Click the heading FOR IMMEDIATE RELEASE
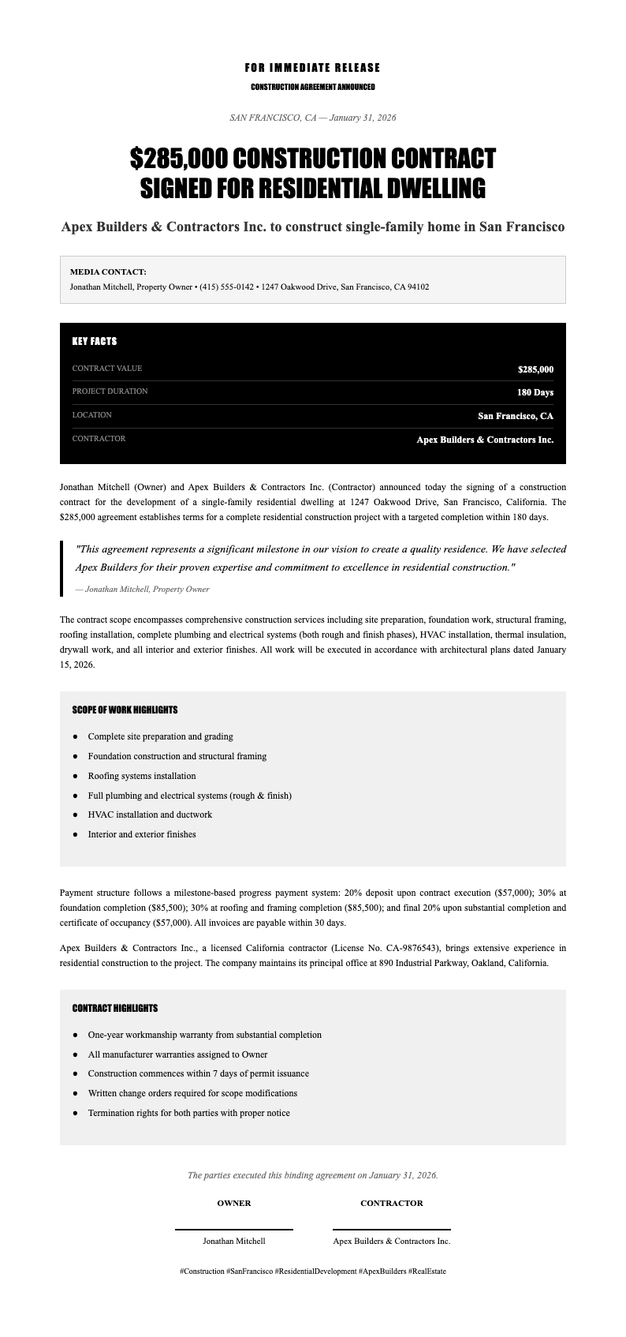pos(312,68)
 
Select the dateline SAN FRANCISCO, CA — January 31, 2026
pos(312,118)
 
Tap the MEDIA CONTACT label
pos(108,272)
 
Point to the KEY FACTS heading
pos(95,341)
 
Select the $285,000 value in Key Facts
pos(535,369)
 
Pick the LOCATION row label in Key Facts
pos(92,415)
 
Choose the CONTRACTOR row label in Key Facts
pos(99,439)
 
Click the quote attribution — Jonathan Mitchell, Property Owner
pos(142,589)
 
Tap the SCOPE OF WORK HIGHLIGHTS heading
pos(125,710)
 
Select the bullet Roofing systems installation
pos(142,776)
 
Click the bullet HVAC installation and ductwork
pos(150,815)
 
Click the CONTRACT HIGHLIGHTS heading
pos(115,1008)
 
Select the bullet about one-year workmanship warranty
pos(205,1035)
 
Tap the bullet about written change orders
pos(192,1093)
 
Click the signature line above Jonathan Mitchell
pos(234,1229)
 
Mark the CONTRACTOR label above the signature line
pos(392,1203)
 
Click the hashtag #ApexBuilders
pos(382,1271)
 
